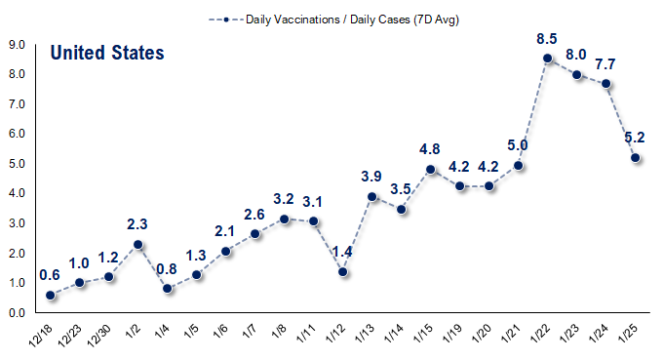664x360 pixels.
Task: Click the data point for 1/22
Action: [x=548, y=59]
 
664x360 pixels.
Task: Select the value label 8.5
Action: [x=548, y=39]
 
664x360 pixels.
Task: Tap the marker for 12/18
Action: [x=51, y=295]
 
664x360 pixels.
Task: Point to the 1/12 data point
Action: [x=343, y=271]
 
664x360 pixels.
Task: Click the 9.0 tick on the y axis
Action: [x=17, y=44]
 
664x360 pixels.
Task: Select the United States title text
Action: [x=107, y=53]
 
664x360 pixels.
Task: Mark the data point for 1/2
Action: [x=138, y=244]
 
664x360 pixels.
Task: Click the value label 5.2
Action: [x=636, y=138]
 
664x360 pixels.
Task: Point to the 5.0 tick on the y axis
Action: [x=17, y=164]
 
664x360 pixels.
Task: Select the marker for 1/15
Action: [x=431, y=169]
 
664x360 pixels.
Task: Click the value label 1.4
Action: [x=343, y=252]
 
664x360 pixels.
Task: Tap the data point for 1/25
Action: [x=636, y=157]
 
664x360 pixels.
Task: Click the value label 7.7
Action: [x=606, y=63]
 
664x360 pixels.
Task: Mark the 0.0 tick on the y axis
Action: [x=17, y=313]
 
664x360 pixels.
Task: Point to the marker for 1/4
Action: [x=168, y=289]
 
